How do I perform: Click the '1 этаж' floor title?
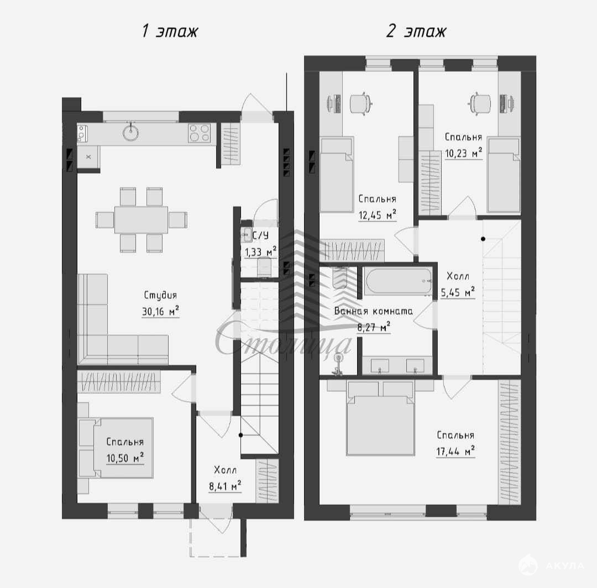coord(170,31)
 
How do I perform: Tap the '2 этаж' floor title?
coord(416,31)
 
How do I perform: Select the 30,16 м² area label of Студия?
coord(160,311)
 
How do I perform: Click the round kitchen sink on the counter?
coord(130,133)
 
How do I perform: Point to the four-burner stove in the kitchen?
coord(199,133)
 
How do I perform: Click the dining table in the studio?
coord(142,219)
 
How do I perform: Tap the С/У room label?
coord(260,235)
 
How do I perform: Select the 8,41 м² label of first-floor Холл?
coord(225,486)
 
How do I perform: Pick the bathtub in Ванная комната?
coord(399,281)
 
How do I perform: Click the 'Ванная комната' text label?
coord(373,311)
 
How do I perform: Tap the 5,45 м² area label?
coord(458,292)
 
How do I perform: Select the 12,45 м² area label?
coord(378,215)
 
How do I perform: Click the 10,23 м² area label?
coord(463,153)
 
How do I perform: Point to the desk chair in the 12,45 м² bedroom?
coord(360,103)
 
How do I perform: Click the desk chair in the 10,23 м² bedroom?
coord(480,103)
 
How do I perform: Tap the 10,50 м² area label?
coord(125,458)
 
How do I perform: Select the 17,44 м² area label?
coord(455,452)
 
